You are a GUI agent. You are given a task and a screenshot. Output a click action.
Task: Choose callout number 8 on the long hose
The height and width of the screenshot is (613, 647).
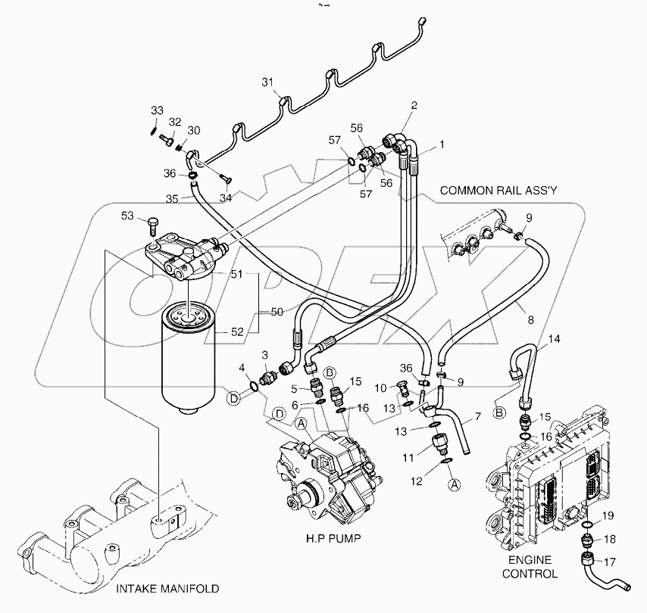(520, 308)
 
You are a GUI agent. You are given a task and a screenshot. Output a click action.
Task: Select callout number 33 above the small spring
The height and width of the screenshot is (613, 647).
(156, 110)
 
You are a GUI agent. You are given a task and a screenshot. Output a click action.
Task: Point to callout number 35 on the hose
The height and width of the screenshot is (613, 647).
(172, 199)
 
